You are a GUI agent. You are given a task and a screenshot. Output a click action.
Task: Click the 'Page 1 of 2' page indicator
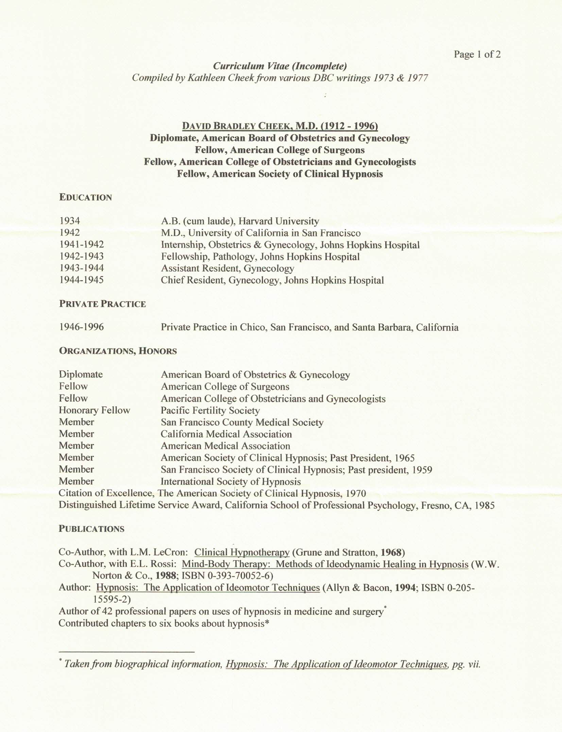[x=477, y=54]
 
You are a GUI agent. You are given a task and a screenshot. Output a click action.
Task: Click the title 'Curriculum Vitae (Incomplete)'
[x=280, y=66]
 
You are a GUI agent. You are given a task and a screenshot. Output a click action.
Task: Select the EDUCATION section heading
[x=85, y=198]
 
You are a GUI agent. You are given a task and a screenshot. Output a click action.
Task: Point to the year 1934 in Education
[x=70, y=221]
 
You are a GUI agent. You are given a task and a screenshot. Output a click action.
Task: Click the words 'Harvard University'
[x=279, y=221]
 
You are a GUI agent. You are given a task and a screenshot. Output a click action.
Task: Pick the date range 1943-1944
[x=82, y=268]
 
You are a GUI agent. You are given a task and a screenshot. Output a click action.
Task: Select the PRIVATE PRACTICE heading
[x=102, y=304]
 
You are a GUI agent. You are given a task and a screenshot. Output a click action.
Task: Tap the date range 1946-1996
[x=82, y=327]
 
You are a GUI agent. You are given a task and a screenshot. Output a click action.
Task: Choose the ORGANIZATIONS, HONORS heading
[x=118, y=351]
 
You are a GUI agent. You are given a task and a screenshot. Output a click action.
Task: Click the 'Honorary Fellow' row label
[x=94, y=410]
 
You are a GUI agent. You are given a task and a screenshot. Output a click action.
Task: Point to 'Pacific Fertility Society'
[x=210, y=411]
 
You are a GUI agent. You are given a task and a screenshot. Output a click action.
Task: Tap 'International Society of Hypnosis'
[x=231, y=481]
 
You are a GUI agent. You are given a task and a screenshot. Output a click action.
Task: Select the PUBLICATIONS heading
[x=91, y=529]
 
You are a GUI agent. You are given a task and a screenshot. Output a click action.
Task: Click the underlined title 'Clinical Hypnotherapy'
[x=242, y=552]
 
